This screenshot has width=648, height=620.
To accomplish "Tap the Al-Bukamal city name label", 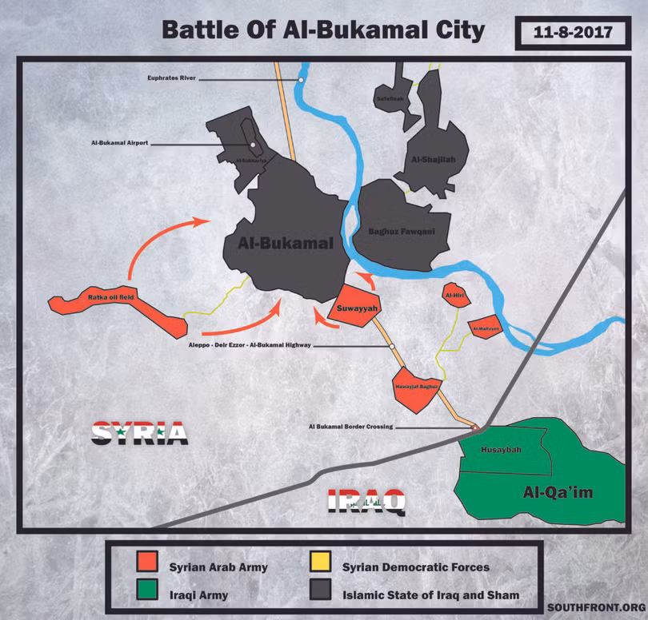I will tap(285, 244).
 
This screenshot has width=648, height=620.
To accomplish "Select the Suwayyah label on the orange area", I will tap(352, 307).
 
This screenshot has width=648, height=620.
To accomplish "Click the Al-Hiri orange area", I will tap(454, 296).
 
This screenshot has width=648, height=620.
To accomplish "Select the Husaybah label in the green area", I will tap(501, 450).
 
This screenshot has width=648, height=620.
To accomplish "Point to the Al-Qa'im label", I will tap(558, 492).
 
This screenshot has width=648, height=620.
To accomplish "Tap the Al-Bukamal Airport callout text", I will tap(120, 144).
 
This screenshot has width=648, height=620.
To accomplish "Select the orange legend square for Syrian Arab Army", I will tap(146, 566).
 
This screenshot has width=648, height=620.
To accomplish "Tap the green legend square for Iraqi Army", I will tap(146, 594).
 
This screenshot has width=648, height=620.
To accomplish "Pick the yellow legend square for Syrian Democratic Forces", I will tap(320, 566).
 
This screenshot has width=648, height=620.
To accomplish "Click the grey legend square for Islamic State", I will tap(320, 594).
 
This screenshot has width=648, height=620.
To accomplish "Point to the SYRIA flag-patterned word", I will tap(139, 433).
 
